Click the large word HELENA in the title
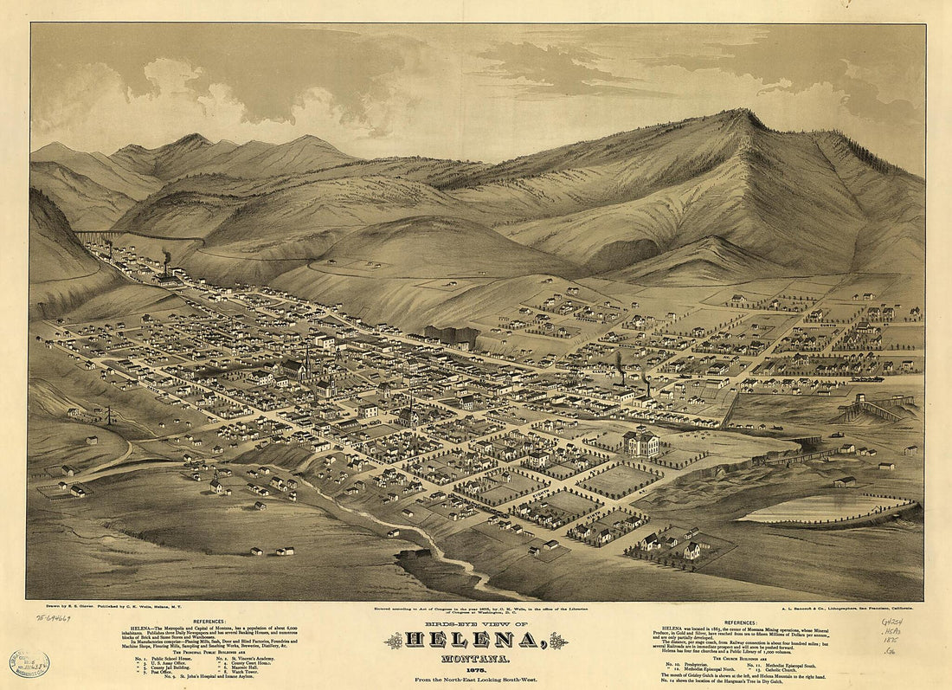click(476, 641)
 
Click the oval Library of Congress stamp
click(29, 663)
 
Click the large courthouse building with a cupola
click(642, 442)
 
